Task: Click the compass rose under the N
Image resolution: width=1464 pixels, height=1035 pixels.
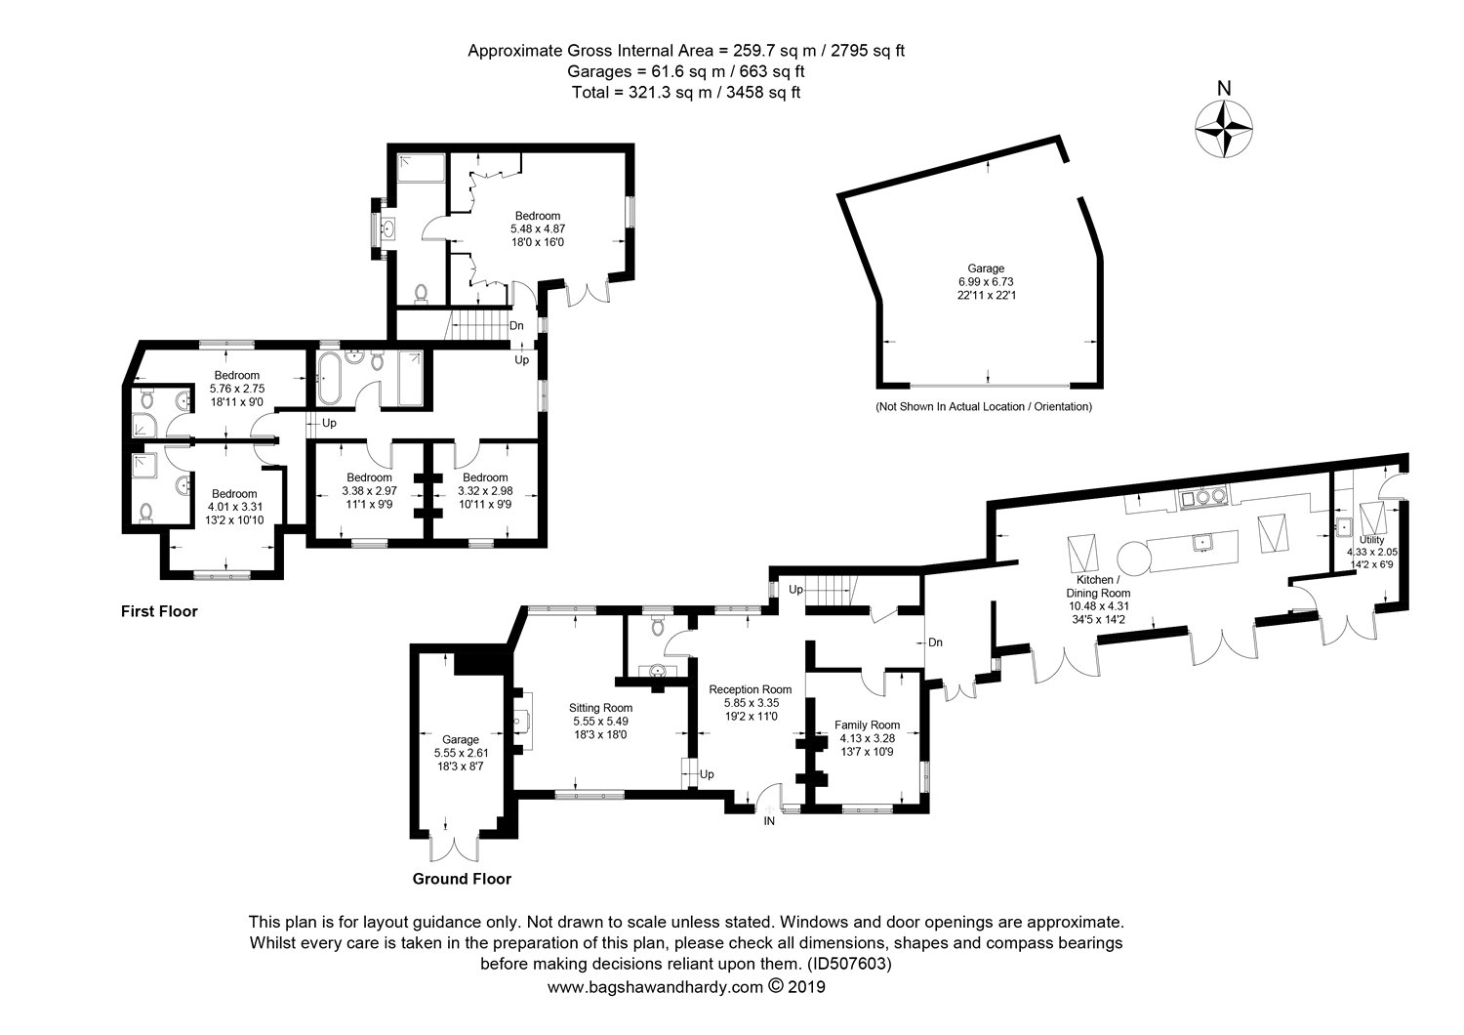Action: [1224, 129]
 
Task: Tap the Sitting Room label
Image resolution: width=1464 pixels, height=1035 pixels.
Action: [600, 708]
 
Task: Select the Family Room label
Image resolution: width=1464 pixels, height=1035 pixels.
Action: [867, 724]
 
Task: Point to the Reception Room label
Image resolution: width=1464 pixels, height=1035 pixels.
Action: [750, 689]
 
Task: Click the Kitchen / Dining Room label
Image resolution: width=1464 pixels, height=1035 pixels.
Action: [1098, 587]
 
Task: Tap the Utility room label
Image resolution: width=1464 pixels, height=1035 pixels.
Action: [1371, 540]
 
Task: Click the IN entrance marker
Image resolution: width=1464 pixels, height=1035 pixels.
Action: [769, 820]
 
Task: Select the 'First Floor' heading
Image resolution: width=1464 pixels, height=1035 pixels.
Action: [159, 611]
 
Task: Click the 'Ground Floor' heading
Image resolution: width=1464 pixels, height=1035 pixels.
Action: [462, 879]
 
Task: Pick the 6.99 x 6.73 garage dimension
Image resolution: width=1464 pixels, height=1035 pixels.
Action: [986, 282]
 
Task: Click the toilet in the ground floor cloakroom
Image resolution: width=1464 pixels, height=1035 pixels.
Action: [657, 625]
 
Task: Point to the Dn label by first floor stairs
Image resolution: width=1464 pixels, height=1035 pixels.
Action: [516, 325]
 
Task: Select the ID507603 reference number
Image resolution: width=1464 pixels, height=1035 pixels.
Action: [849, 963]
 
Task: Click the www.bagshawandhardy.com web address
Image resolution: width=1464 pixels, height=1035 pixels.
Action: [655, 986]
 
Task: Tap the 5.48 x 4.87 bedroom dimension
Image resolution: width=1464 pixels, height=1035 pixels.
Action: [537, 228]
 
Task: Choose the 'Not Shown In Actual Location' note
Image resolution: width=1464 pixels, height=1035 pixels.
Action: [984, 407]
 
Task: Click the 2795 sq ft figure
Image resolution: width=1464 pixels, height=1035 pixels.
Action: [868, 51]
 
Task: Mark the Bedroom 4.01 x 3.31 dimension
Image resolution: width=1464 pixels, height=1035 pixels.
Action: [234, 507]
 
